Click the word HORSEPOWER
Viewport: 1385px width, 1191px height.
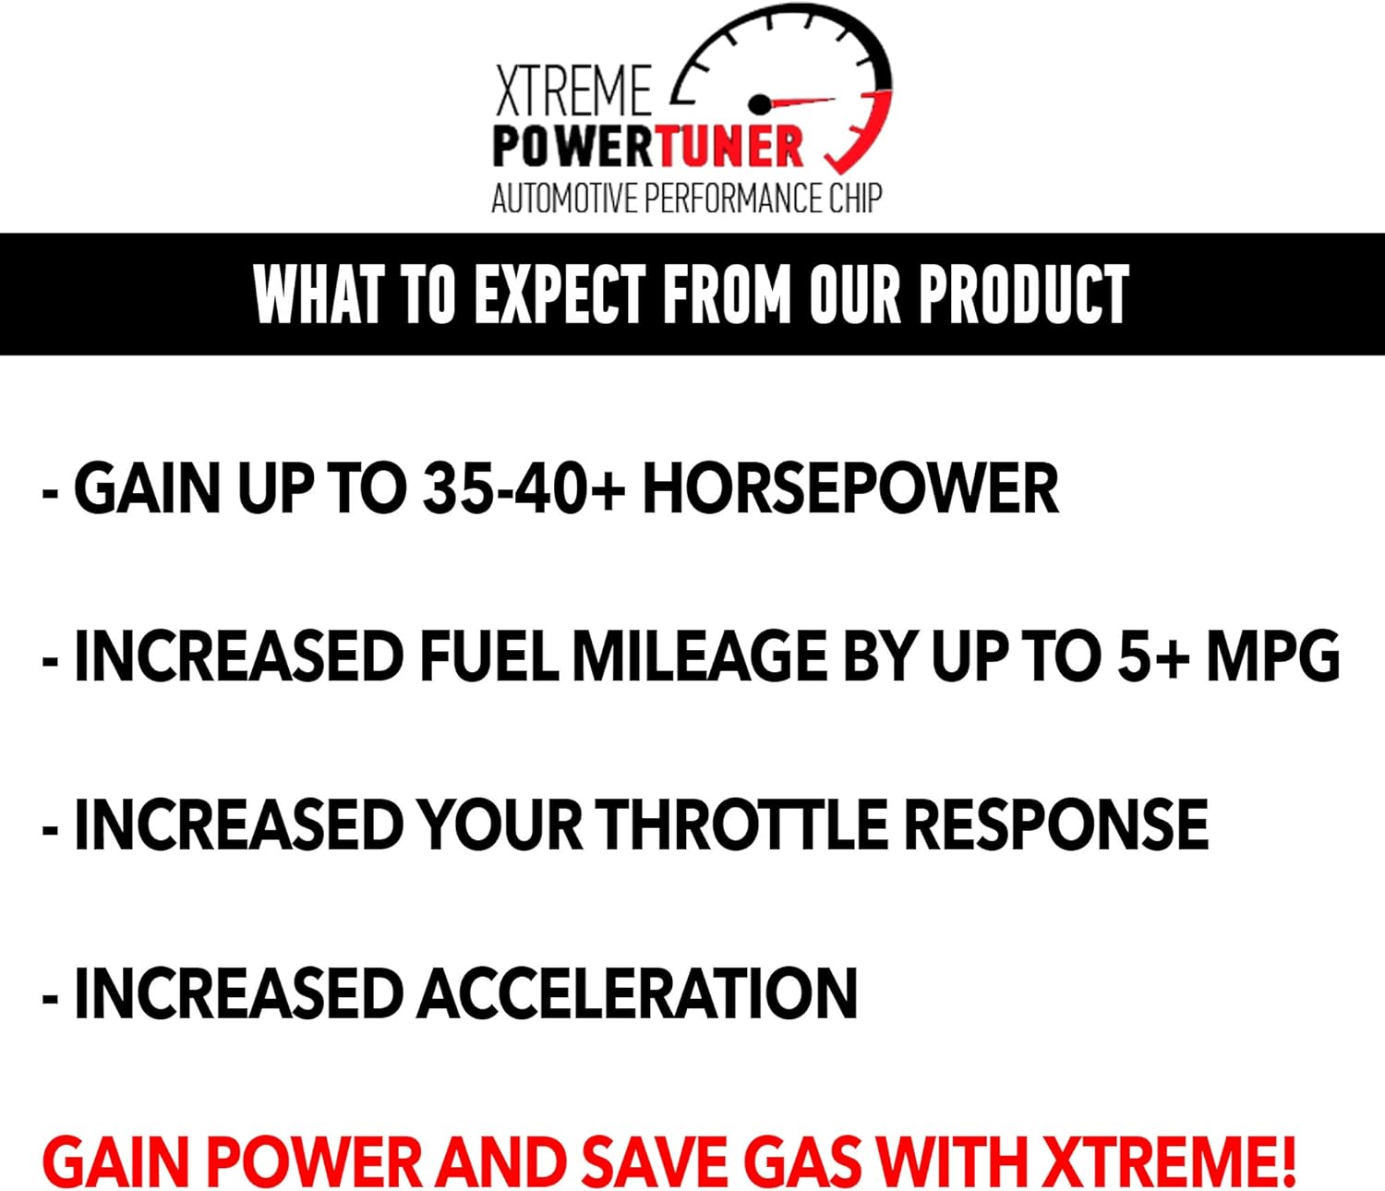tap(850, 488)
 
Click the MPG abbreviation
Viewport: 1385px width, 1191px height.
tap(1273, 656)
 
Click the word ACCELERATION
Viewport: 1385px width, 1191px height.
tap(637, 993)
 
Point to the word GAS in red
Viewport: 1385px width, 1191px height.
tap(803, 1161)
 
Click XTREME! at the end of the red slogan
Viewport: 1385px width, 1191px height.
tap(1169, 1161)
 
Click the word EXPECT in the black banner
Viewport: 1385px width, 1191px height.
tap(560, 295)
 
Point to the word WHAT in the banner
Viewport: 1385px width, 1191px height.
tap(318, 295)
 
